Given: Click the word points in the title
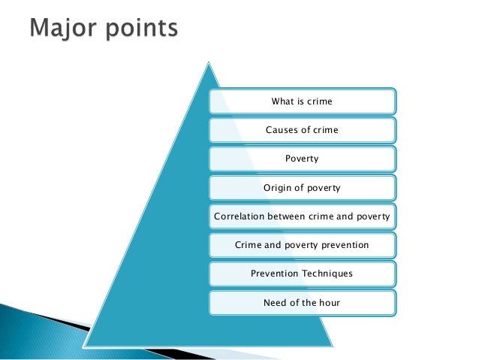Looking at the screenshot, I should (x=139, y=30).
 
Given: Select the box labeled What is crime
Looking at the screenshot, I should (x=302, y=101).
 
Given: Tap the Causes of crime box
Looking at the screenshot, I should (x=302, y=130).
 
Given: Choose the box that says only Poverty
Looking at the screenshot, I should (x=302, y=159).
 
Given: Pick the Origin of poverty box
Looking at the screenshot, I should (x=302, y=188).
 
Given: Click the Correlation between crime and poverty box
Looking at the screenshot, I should (x=302, y=217).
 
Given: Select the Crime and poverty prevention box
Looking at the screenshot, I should (x=302, y=246).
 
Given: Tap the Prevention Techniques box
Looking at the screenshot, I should (x=302, y=274).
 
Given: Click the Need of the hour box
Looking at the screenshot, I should (x=302, y=303).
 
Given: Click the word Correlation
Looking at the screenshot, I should (x=242, y=217).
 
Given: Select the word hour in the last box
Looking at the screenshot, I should (x=329, y=303).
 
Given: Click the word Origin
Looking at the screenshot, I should (x=278, y=188).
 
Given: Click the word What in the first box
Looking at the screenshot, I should (x=282, y=101).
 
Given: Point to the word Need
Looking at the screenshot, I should (x=276, y=303).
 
